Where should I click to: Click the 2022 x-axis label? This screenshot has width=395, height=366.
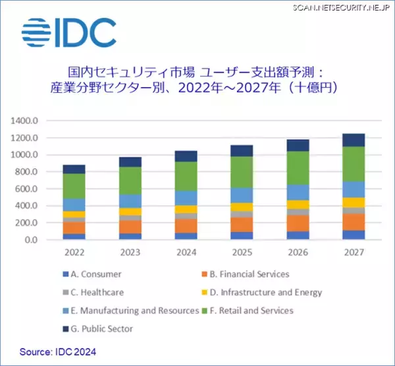click(74, 253)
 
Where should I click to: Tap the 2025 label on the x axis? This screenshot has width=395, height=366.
click(242, 253)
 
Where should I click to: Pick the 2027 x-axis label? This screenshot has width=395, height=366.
click(354, 253)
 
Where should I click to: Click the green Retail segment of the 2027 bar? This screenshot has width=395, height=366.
click(354, 164)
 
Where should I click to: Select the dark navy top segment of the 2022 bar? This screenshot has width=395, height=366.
click(74, 169)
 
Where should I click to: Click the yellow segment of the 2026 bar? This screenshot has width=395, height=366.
click(298, 204)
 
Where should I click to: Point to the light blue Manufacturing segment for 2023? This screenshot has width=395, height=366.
click(130, 200)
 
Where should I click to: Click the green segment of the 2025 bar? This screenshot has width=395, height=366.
click(242, 172)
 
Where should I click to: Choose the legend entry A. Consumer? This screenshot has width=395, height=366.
click(99, 274)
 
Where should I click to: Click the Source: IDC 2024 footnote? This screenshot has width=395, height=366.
click(57, 352)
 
